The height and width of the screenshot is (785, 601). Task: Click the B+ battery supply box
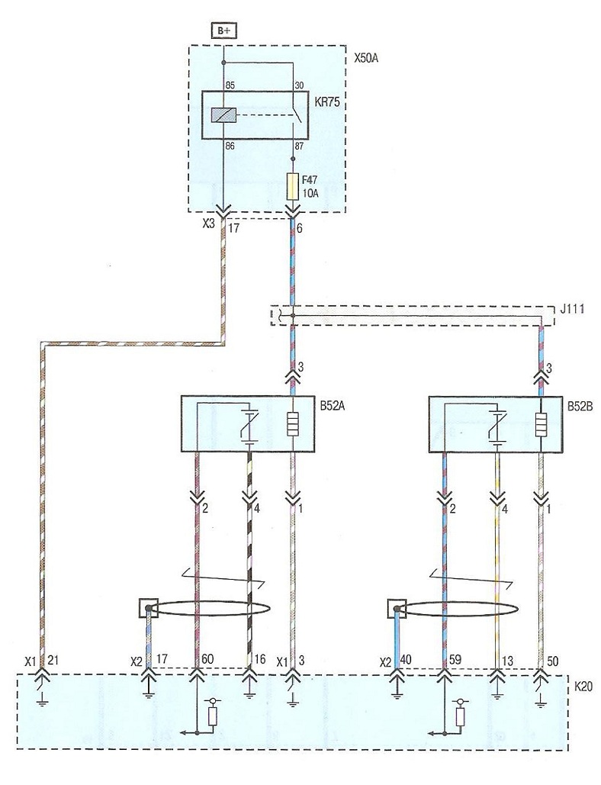[223, 31]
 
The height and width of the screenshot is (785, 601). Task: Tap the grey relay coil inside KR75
[223, 115]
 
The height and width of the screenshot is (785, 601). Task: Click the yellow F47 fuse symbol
[292, 186]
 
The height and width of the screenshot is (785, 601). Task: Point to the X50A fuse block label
[366, 57]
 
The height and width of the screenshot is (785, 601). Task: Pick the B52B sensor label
[580, 406]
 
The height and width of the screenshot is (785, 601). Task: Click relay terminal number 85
[230, 85]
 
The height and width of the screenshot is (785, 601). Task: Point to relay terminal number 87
[299, 146]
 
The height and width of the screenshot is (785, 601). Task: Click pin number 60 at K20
[207, 660]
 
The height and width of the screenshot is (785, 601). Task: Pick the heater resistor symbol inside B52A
[292, 423]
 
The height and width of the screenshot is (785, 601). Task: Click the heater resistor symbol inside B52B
[541, 423]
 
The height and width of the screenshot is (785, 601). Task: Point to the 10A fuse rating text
[310, 193]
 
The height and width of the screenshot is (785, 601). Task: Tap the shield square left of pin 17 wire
[148, 609]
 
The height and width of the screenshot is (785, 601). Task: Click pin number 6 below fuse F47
[299, 228]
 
